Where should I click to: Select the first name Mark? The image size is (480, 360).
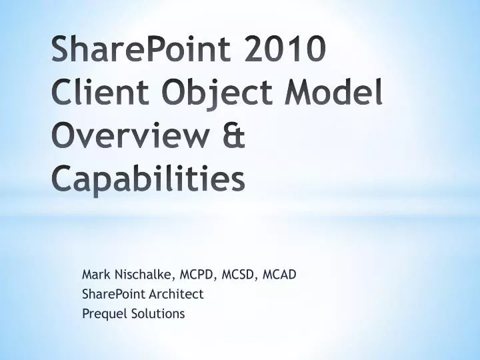(x=95, y=274)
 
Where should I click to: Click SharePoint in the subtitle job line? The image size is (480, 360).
(x=109, y=294)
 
